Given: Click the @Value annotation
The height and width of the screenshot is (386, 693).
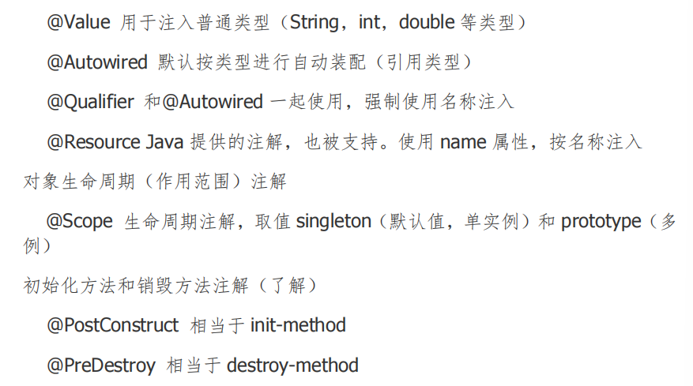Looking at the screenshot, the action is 78,21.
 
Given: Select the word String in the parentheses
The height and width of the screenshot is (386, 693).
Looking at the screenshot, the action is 314,21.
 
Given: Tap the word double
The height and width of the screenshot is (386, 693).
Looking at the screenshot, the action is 427,21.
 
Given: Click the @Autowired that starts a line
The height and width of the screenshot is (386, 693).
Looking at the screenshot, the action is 97,62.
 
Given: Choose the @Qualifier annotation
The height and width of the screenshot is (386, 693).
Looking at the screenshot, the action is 91,102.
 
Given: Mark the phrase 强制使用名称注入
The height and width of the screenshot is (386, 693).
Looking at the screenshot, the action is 439,102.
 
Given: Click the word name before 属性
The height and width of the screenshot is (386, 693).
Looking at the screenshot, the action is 462,142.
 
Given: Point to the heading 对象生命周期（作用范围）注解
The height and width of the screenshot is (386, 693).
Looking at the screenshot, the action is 155,182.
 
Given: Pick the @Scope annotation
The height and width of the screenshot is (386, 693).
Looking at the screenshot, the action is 80,221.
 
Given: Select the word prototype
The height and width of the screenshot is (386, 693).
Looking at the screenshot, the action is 601,221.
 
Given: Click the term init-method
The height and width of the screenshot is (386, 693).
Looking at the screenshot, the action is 298,324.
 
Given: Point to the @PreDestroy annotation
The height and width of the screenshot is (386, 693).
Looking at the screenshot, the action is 101,365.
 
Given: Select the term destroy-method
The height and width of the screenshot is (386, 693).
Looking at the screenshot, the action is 292,365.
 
